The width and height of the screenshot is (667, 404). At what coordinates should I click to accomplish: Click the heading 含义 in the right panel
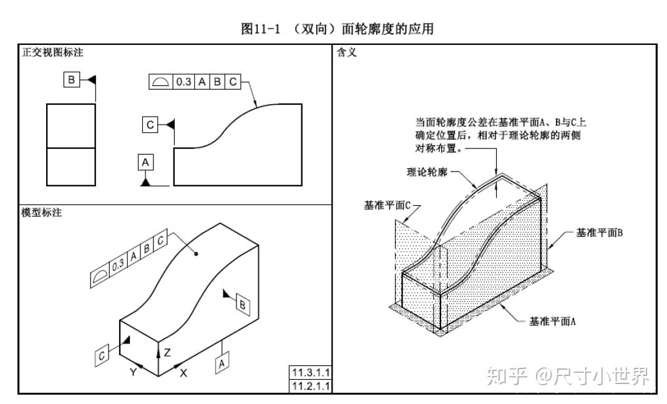click(345, 53)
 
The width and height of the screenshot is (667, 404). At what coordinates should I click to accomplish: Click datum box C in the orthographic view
click(150, 125)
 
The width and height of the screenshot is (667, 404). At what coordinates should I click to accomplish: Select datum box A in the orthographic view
click(145, 162)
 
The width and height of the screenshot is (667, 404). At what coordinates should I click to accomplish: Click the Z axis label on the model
click(167, 352)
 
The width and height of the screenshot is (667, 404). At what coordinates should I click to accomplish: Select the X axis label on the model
click(183, 373)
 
